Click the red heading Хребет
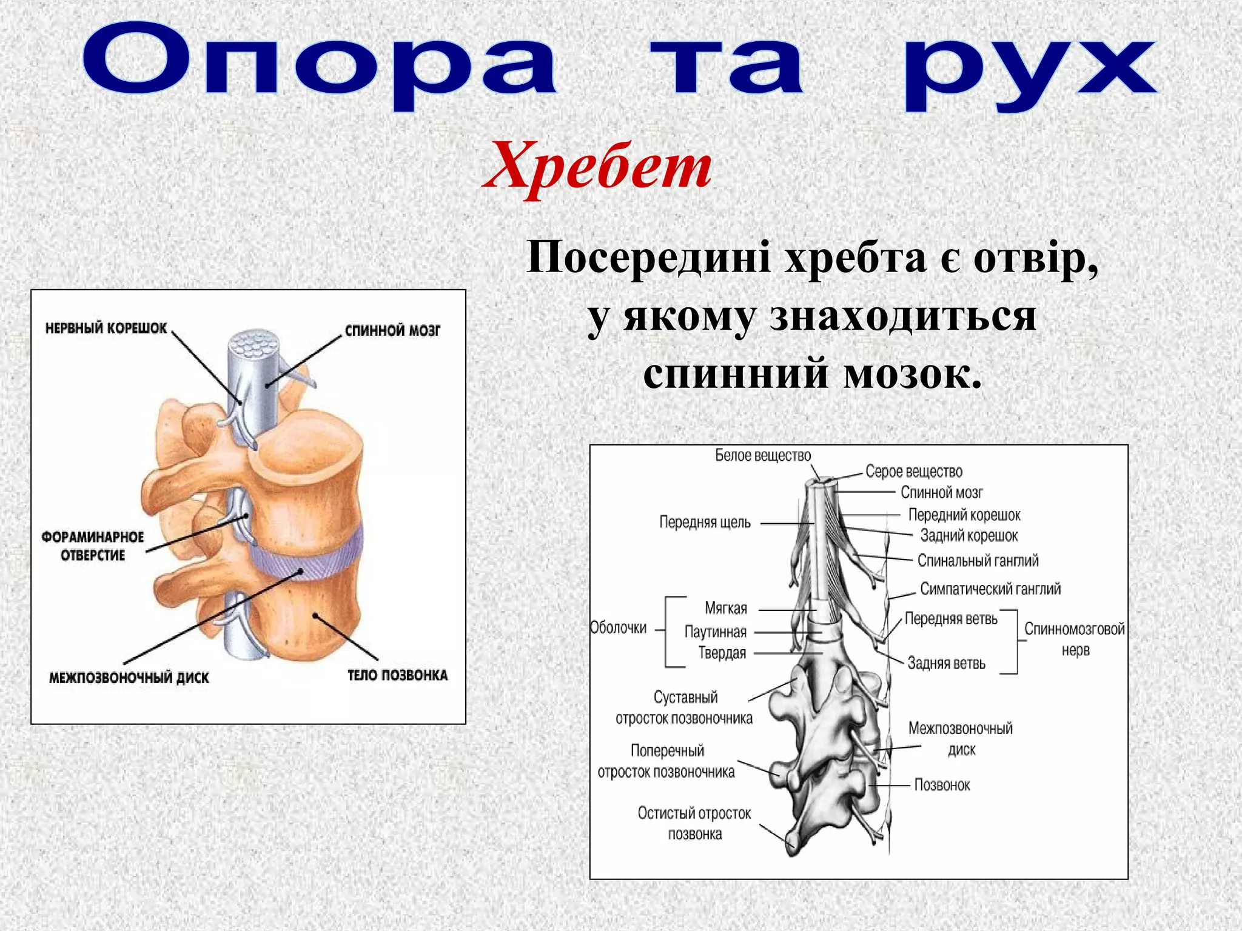pyautogui.click(x=597, y=167)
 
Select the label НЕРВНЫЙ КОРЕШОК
pyautogui.click(x=106, y=329)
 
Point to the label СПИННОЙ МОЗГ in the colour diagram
pyautogui.click(x=392, y=330)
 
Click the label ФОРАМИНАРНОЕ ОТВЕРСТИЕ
pyautogui.click(x=93, y=546)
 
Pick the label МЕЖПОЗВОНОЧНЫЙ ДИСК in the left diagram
pyautogui.click(x=129, y=678)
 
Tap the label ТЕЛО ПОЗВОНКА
pyautogui.click(x=397, y=675)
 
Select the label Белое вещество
pyautogui.click(x=762, y=455)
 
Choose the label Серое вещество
pyautogui.click(x=913, y=472)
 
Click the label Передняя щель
pyautogui.click(x=705, y=522)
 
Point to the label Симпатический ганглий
pyautogui.click(x=990, y=589)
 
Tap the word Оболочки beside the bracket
pyautogui.click(x=619, y=628)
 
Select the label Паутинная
pyautogui.click(x=715, y=632)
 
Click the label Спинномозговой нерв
pyautogui.click(x=1074, y=639)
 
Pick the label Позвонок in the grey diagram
pyautogui.click(x=942, y=785)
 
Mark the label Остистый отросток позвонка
pyautogui.click(x=694, y=823)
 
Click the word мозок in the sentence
pyautogui.click(x=913, y=374)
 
